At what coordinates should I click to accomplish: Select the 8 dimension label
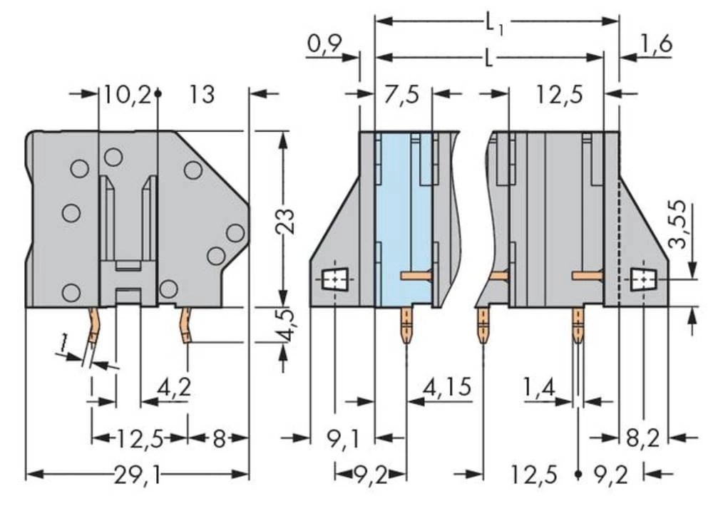coord(218,438)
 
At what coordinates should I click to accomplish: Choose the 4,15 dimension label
coord(446,388)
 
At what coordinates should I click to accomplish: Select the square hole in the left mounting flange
coord(332,280)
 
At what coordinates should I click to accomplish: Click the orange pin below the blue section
coord(405,324)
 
